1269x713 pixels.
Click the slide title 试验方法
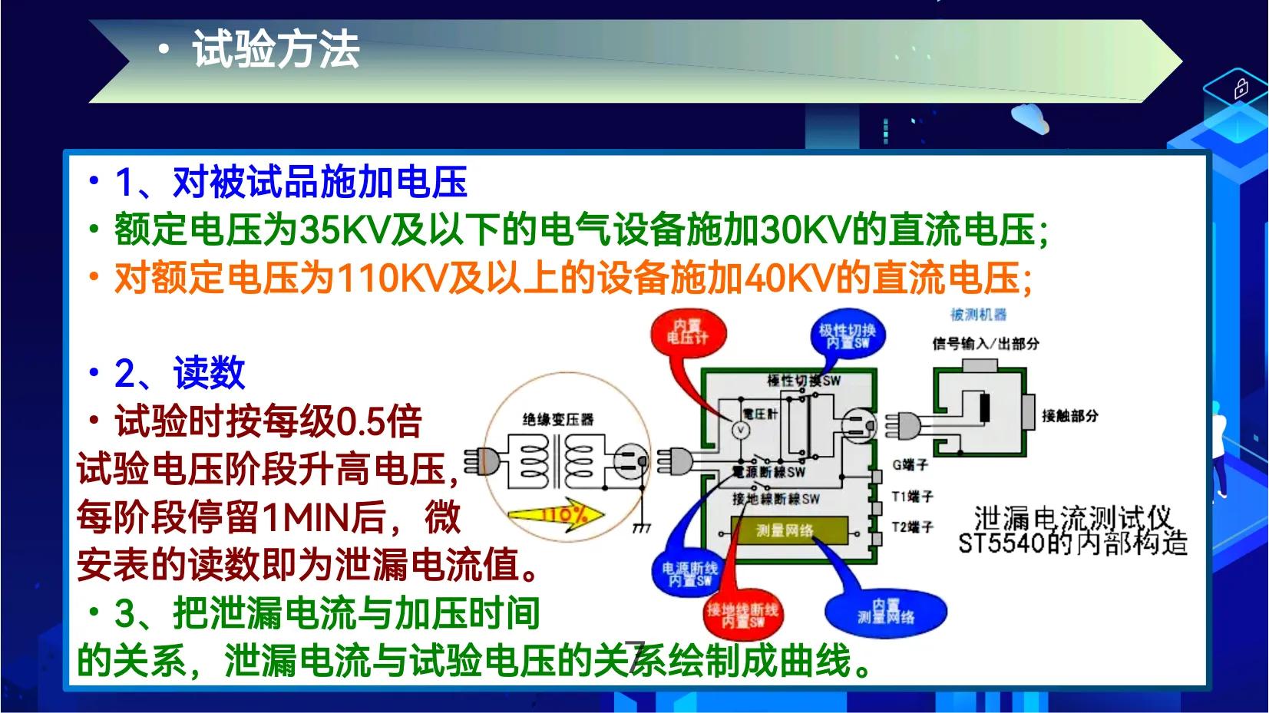pyautogui.click(x=276, y=51)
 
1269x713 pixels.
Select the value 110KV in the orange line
pyautogui.click(x=392, y=278)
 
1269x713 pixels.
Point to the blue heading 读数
pyautogui.click(x=209, y=373)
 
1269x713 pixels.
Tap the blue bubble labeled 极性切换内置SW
pyautogui.click(x=847, y=335)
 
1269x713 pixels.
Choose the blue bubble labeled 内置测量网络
pyautogui.click(x=886, y=612)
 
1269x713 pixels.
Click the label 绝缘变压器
pyautogui.click(x=558, y=419)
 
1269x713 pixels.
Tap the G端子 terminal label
pyautogui.click(x=910, y=464)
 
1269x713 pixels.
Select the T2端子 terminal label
pyautogui.click(x=912, y=526)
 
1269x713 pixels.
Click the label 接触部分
pyautogui.click(x=1069, y=416)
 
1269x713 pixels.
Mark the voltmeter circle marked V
pyautogui.click(x=740, y=431)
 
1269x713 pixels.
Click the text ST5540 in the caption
pyautogui.click(x=1002, y=543)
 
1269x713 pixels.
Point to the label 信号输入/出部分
pyautogui.click(x=985, y=343)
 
